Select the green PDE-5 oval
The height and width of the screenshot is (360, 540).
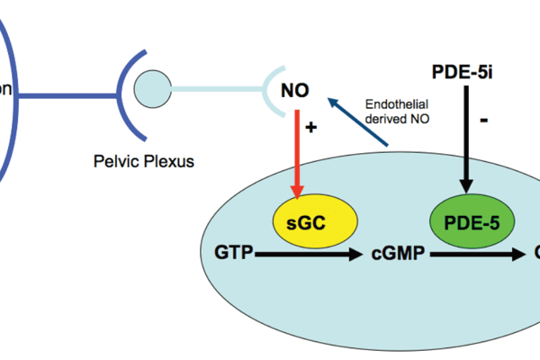point(466,223)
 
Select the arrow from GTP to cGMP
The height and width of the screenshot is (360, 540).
point(310,256)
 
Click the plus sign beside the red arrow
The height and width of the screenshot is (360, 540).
point(311,128)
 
